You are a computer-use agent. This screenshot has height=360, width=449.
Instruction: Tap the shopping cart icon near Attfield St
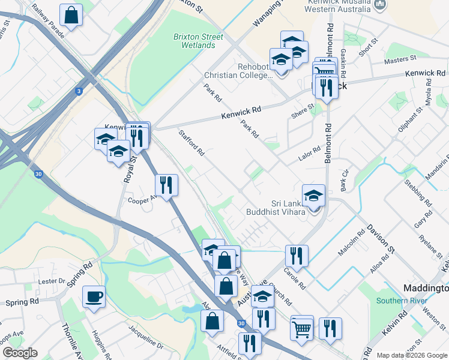point(301,328)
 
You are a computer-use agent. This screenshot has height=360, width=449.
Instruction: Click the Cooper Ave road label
point(142,199)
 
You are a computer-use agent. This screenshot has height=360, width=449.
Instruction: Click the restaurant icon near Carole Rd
point(296,256)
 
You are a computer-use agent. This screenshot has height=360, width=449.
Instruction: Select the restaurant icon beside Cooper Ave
point(166,185)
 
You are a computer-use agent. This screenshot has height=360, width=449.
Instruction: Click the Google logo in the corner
point(20,353)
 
